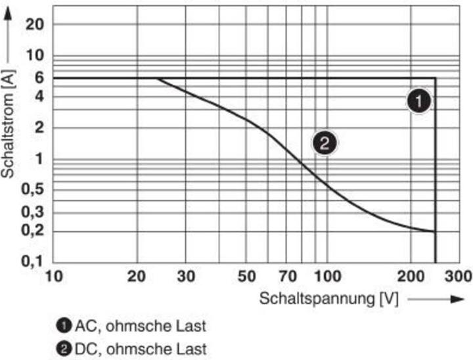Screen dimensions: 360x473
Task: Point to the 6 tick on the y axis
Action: tap(39, 78)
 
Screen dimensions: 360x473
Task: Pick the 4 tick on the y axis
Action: tap(39, 97)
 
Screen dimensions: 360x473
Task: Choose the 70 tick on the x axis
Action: tap(286, 276)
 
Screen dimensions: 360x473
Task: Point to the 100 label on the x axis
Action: tap(327, 276)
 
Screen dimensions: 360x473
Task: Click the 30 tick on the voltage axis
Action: tap(186, 276)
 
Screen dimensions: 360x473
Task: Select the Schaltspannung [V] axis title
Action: tap(329, 299)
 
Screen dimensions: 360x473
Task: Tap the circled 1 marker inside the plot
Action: tap(418, 101)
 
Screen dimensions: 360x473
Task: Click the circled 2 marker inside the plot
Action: tap(324, 142)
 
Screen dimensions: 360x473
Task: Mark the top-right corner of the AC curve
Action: tap(436, 78)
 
